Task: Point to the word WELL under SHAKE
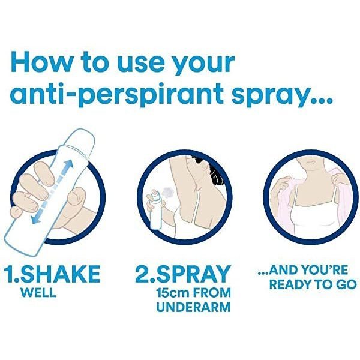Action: [x=38, y=292]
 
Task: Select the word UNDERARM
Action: [x=193, y=307]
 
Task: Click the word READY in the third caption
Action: [x=290, y=284]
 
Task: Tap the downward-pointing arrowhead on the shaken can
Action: [x=35, y=220]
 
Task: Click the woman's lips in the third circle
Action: [x=311, y=161]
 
